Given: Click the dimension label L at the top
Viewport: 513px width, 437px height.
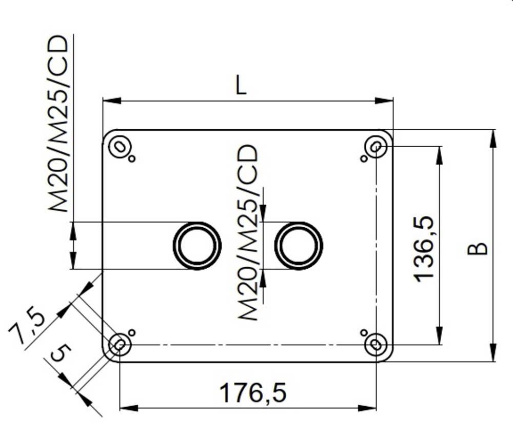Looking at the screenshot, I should [x=241, y=86].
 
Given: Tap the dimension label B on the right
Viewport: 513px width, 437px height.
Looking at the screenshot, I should [x=478, y=248].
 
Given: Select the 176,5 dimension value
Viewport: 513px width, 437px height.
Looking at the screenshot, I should [x=252, y=393].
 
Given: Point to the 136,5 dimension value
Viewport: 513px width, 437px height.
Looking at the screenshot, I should [x=425, y=249].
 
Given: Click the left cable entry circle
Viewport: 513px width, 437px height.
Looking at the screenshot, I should [x=197, y=245].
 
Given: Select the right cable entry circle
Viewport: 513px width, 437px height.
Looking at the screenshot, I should [x=299, y=245].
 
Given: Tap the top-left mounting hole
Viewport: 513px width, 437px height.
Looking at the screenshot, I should [x=120, y=147].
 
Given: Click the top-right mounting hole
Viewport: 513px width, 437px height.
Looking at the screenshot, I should [x=376, y=147].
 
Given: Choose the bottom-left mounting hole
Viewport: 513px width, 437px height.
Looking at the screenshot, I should [x=120, y=344].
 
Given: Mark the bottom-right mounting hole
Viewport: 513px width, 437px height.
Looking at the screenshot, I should [x=376, y=344].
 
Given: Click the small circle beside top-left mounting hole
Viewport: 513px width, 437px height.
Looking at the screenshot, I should [x=132, y=158].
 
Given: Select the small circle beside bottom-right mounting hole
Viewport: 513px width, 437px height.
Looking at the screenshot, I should [x=364, y=332].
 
